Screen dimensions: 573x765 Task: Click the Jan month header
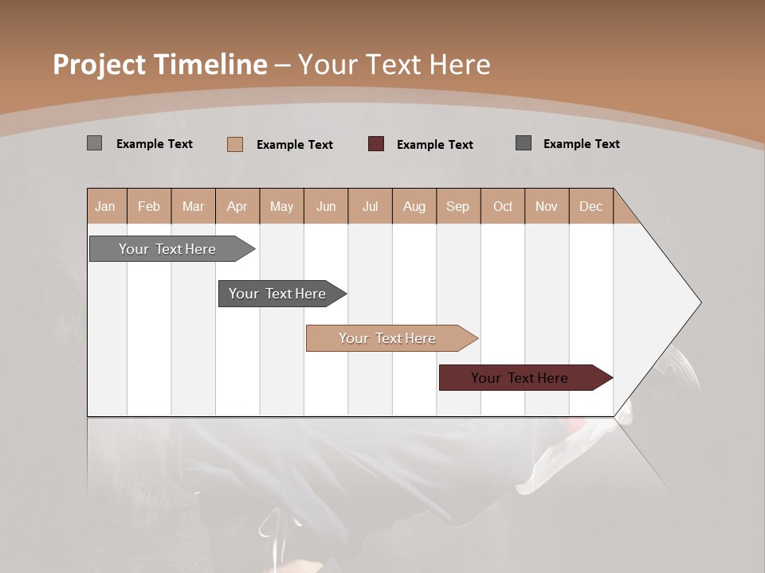click(106, 206)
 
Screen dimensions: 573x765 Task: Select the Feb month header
click(149, 206)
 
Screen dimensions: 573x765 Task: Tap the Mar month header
click(193, 206)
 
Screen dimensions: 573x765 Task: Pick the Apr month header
click(237, 206)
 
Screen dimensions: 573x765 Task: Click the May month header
click(281, 206)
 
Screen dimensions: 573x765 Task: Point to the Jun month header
click(326, 206)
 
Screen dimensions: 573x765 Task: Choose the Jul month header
click(370, 206)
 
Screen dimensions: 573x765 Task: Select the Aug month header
click(414, 206)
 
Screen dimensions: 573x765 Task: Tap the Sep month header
click(458, 206)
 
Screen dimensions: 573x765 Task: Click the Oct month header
click(503, 206)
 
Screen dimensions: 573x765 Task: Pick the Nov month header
click(547, 206)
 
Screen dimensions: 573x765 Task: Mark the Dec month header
click(591, 206)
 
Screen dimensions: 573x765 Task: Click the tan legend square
click(235, 144)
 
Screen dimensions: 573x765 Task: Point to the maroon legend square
click(376, 144)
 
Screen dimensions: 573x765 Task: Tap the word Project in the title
click(100, 64)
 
